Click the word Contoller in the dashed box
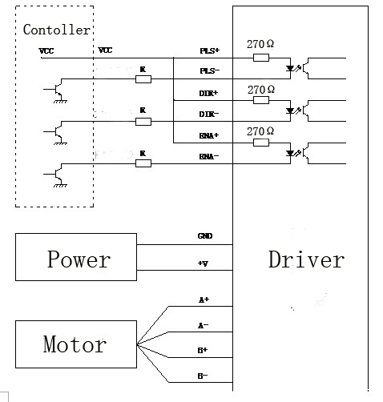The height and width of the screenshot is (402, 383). (x=57, y=30)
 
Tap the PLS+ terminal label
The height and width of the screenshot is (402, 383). (x=210, y=50)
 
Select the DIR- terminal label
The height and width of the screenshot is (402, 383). (x=209, y=115)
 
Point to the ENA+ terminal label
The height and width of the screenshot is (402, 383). (x=209, y=135)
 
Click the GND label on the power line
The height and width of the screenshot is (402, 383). (x=205, y=236)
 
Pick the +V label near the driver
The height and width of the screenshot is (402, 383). (x=203, y=263)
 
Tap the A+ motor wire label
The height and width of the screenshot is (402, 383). (x=204, y=299)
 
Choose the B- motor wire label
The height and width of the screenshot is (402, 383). (x=203, y=376)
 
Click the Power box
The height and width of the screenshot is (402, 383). (x=76, y=257)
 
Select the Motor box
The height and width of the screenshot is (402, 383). (x=76, y=344)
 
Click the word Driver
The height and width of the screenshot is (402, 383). (x=306, y=259)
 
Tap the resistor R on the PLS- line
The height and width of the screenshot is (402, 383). (x=143, y=79)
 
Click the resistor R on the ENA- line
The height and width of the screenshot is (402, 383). (x=143, y=163)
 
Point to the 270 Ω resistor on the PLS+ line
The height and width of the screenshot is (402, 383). (x=261, y=58)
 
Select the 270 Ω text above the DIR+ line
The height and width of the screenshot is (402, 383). (x=261, y=90)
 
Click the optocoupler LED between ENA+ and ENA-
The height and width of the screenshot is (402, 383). (x=290, y=153)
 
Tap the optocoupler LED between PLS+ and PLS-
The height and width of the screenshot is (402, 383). (x=290, y=69)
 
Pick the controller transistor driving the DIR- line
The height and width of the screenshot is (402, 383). (x=57, y=132)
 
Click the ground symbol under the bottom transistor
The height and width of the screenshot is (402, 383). (x=60, y=186)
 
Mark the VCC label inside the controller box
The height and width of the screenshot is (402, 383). (x=46, y=50)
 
